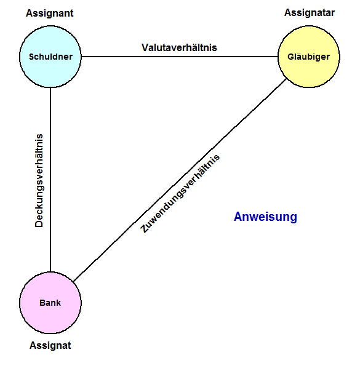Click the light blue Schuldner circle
pos(50,57)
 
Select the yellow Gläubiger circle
pos(309,57)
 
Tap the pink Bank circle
pos(50,303)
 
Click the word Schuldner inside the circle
pos(50,57)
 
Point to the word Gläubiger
pos(309,57)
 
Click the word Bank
pos(50,303)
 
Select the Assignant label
pos(50,14)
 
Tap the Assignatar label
pos(310,13)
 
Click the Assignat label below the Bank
pos(50,346)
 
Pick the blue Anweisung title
pos(265,217)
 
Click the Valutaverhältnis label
pos(179,47)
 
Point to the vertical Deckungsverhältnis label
pos(39,181)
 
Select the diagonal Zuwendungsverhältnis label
pos(180,194)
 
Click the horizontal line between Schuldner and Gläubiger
pos(180,57)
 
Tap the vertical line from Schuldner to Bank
pos(50,180)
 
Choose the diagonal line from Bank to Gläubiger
pos(180,180)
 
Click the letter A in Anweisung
pos(238,216)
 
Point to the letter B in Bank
pos(42,303)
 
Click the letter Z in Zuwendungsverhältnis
pos(144,229)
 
